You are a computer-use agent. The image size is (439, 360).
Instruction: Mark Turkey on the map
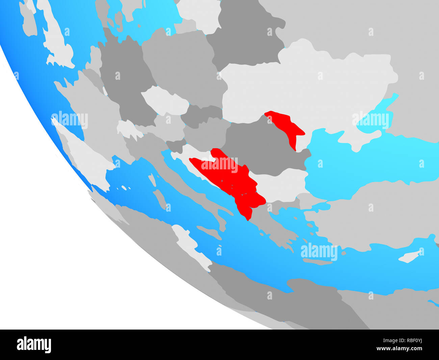point(371,216)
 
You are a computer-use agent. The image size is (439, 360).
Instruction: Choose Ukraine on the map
point(304,88)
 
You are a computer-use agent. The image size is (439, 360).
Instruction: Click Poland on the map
point(182,68)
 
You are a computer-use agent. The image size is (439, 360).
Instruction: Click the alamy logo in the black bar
point(34,344)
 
